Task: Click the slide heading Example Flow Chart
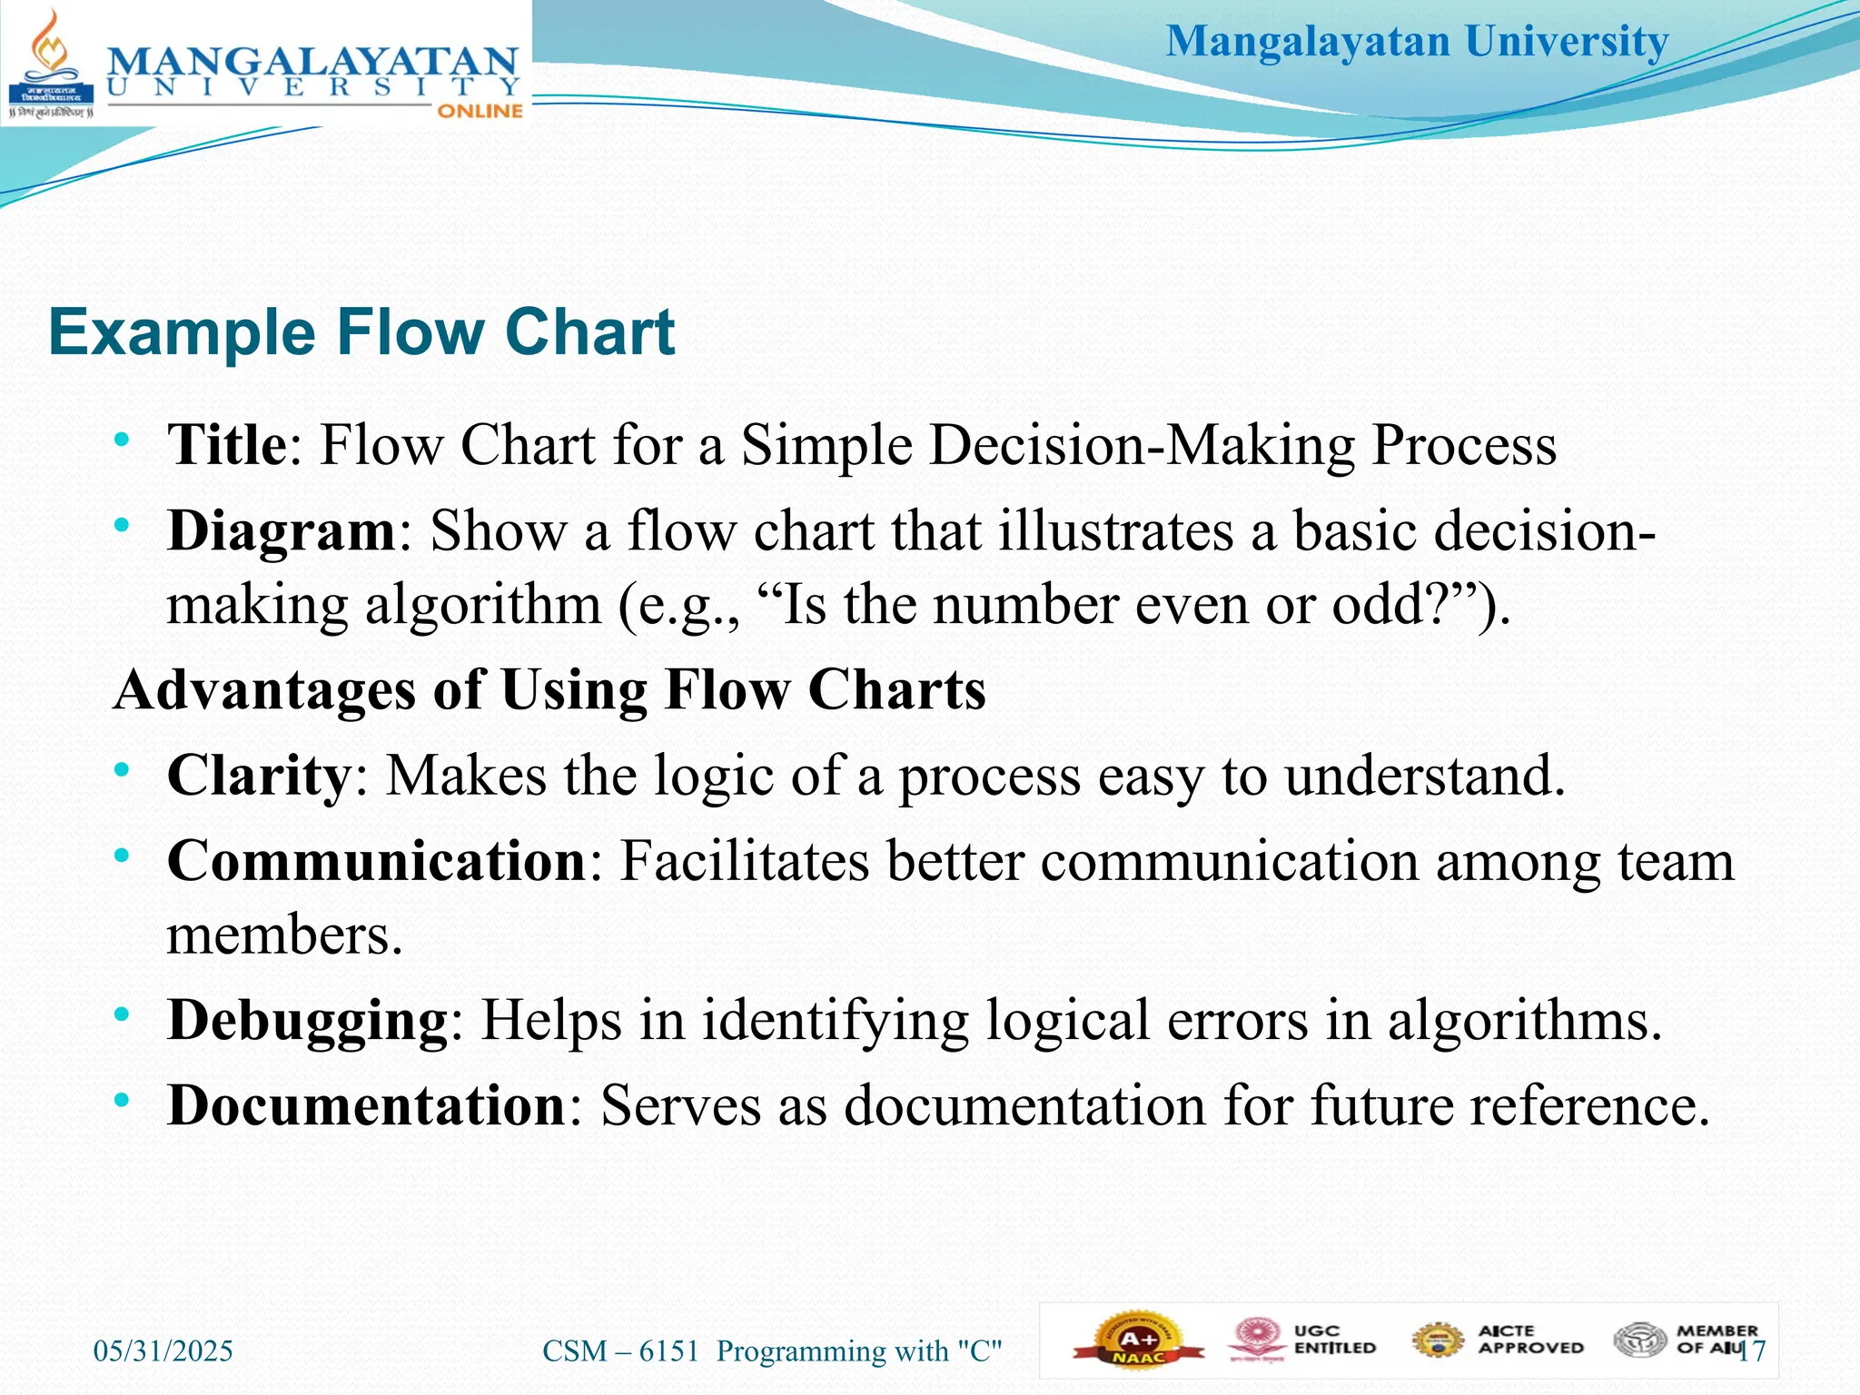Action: point(361,332)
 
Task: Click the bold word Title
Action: point(227,445)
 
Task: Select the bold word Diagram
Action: point(282,530)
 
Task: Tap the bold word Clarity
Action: point(259,776)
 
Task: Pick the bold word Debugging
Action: point(308,1020)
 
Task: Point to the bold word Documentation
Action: point(367,1105)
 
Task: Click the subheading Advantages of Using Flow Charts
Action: point(549,690)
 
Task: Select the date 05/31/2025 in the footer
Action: point(163,1351)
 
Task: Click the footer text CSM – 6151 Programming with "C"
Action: point(772,1351)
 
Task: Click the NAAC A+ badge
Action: point(1138,1341)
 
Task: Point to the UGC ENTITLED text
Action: point(1334,1340)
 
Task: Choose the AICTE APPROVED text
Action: point(1530,1340)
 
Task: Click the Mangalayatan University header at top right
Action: point(1417,42)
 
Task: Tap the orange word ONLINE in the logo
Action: point(480,111)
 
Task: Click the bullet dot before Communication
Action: point(122,855)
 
